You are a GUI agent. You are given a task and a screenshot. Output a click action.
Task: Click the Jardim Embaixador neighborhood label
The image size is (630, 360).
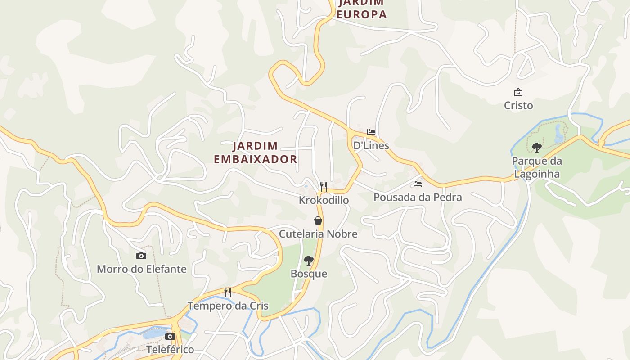[x=255, y=153]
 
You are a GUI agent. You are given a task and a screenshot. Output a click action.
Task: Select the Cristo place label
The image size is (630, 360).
[x=518, y=105]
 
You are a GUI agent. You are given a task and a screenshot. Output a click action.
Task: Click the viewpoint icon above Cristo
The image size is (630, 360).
[x=518, y=93]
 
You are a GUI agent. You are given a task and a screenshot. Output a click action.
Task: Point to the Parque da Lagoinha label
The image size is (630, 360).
[x=536, y=167]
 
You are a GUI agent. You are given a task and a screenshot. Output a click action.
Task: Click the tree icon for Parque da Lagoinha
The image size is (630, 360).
[x=536, y=147]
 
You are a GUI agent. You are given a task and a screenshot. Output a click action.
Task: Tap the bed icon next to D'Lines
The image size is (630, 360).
[x=371, y=132]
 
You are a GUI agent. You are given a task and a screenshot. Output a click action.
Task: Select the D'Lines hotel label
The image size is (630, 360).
[x=371, y=145]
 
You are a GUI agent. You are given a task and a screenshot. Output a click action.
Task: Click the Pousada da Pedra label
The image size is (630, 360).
[x=418, y=197]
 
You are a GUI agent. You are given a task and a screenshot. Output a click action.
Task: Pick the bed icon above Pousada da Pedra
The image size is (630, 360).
[x=418, y=184]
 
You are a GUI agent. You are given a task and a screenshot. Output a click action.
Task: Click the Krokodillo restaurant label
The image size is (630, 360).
[x=324, y=200]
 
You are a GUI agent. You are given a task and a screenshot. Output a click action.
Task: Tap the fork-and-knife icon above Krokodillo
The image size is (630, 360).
[x=324, y=187]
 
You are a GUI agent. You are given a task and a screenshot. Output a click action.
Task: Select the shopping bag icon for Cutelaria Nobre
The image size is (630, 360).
[x=318, y=220]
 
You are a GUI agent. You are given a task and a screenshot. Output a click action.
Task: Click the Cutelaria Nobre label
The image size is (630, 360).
[x=318, y=234]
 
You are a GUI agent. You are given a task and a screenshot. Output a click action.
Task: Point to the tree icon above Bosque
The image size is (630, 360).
[x=309, y=260]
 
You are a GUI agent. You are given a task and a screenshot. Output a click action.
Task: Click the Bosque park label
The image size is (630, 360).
[x=309, y=274]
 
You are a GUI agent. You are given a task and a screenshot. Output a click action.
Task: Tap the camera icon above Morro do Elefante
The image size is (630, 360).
[x=141, y=256]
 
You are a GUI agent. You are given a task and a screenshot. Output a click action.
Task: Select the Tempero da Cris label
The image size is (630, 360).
[x=228, y=306]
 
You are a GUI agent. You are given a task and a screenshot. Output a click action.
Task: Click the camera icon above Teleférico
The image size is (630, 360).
[x=170, y=336]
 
